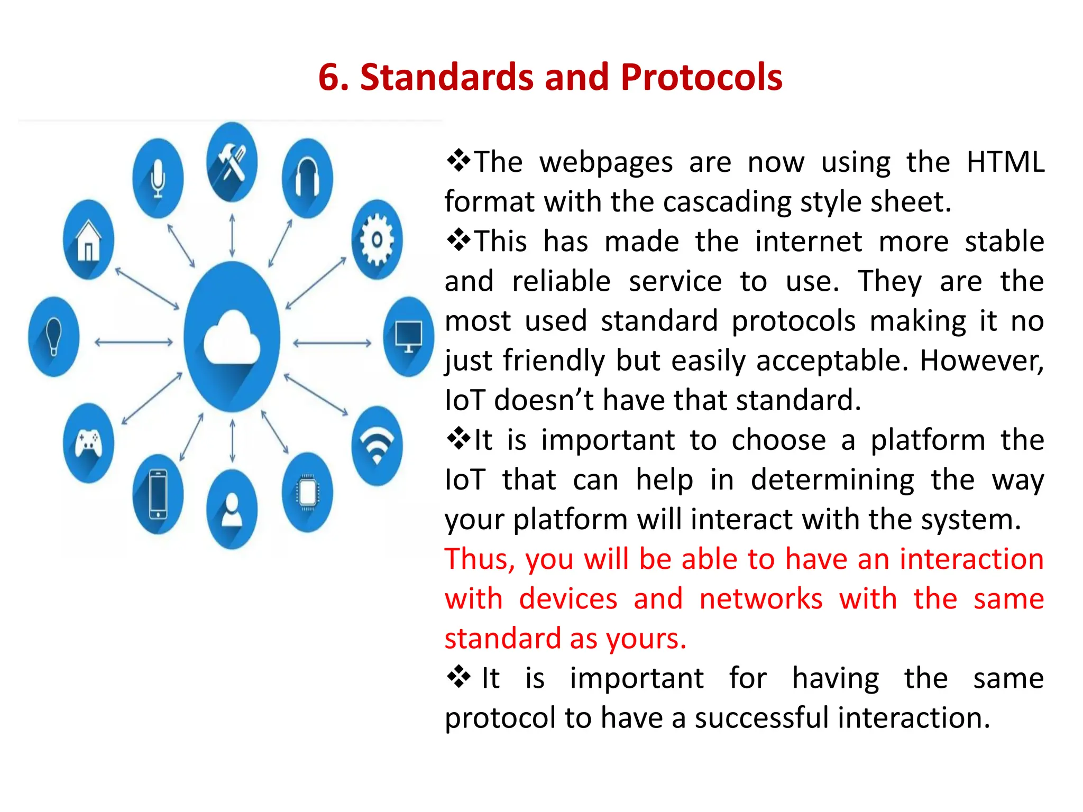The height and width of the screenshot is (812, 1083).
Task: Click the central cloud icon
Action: [232, 337]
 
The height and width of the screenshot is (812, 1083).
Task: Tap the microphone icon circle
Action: [158, 178]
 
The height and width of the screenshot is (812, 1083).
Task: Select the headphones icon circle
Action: [307, 178]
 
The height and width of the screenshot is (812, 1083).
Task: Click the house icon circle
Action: [88, 239]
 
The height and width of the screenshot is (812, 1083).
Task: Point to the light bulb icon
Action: [53, 337]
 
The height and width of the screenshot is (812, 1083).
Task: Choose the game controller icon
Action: [88, 443]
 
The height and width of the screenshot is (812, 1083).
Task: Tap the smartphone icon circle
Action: [158, 494]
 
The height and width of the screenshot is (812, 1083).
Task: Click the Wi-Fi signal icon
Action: [377, 446]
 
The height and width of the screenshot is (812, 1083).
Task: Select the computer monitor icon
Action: [408, 336]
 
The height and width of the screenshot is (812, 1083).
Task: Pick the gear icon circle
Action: [377, 239]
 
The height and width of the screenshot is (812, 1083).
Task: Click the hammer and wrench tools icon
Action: [232, 162]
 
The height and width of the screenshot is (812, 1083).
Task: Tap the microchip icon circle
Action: [307, 493]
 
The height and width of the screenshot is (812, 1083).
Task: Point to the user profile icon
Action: [232, 510]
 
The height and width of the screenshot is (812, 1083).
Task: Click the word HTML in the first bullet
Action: [1005, 162]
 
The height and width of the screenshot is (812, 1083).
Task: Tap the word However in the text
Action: [981, 361]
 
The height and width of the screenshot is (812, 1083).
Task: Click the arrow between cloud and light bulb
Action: [133, 342]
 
